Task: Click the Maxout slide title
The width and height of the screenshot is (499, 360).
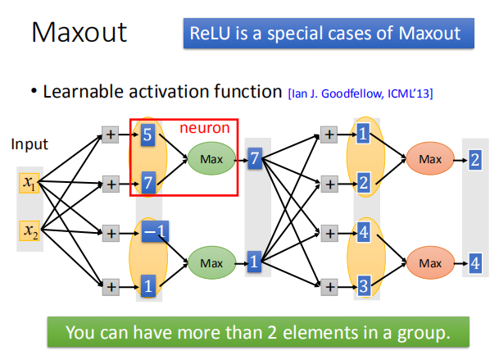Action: (x=79, y=33)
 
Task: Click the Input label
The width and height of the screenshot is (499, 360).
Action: (x=29, y=144)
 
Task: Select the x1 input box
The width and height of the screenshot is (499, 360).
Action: (x=30, y=182)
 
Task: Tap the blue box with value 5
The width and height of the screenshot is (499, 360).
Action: (x=147, y=134)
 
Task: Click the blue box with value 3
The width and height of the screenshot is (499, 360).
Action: (x=362, y=286)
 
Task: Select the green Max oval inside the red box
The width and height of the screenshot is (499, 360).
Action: (x=211, y=157)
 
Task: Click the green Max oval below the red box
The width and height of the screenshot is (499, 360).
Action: (x=211, y=262)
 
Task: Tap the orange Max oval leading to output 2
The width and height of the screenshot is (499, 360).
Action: (x=429, y=157)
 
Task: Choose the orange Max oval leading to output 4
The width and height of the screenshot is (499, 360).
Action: (x=429, y=262)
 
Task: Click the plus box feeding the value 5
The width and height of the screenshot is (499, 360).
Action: (x=110, y=134)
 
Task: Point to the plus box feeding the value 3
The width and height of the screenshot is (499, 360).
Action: (x=329, y=286)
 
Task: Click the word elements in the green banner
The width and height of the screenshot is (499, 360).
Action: (x=319, y=333)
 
